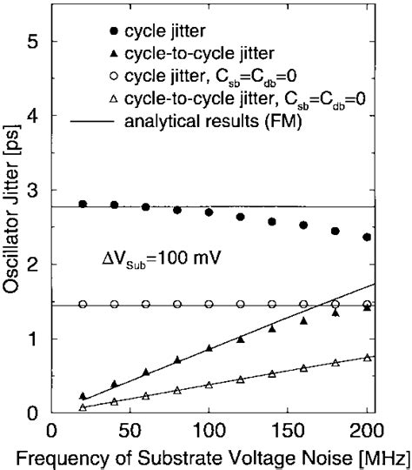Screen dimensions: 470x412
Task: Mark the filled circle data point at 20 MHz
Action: pos(83,204)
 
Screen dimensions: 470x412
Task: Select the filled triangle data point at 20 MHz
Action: pos(83,396)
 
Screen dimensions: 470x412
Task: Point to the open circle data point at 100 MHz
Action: pos(209,304)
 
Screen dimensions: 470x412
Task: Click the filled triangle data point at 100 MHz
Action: pos(209,347)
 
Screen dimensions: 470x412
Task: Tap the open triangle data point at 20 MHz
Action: pos(83,406)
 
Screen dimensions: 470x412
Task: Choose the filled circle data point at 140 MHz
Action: pos(272,222)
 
